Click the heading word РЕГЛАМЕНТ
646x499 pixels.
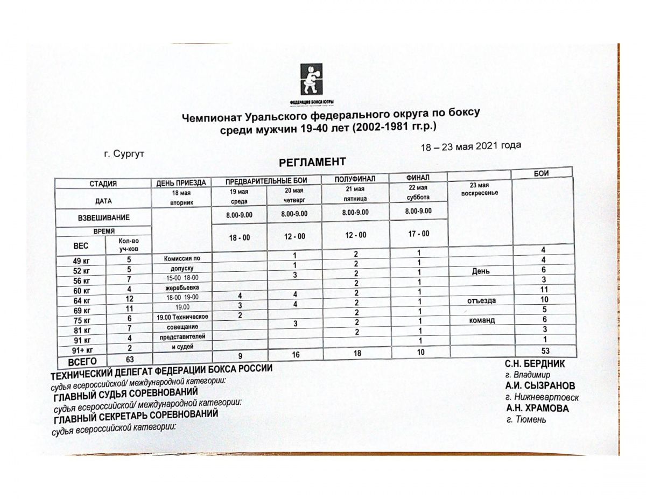pyautogui.click(x=312, y=161)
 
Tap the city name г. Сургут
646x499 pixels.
pyautogui.click(x=124, y=153)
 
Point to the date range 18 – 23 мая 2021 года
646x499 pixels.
pyautogui.click(x=471, y=146)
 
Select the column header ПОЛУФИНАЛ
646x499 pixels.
pyautogui.click(x=355, y=178)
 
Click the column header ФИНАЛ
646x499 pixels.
pyautogui.click(x=418, y=177)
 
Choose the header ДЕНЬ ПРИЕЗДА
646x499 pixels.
pyautogui.click(x=181, y=183)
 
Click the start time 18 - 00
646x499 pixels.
pyautogui.click(x=239, y=237)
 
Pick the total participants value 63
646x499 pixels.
pyautogui.click(x=129, y=359)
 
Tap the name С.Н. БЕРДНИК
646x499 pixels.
pyautogui.click(x=535, y=363)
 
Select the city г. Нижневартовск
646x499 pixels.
pyautogui.click(x=542, y=397)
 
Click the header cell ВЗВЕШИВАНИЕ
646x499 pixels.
pyautogui.click(x=104, y=218)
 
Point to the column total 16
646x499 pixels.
pyautogui.click(x=294, y=355)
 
